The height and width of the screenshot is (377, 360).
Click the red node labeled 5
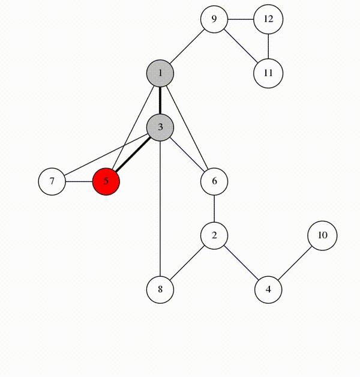pyautogui.click(x=106, y=181)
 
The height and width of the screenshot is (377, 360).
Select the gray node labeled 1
pyautogui.click(x=160, y=73)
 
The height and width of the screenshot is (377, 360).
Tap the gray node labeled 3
pyautogui.click(x=160, y=127)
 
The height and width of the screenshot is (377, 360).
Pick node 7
pyautogui.click(x=52, y=181)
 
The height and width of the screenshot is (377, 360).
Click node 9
pyautogui.click(x=214, y=19)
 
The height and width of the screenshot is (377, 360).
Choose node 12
pyautogui.click(x=268, y=19)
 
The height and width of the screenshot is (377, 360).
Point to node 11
pyautogui.click(x=268, y=73)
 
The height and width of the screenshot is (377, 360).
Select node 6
pyautogui.click(x=214, y=181)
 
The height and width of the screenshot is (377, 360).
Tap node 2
pyautogui.click(x=214, y=235)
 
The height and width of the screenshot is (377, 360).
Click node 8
pyautogui.click(x=160, y=289)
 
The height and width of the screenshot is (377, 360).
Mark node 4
pyautogui.click(x=268, y=289)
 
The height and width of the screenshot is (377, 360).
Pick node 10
pyautogui.click(x=322, y=235)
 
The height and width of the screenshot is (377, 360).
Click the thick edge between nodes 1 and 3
pyautogui.click(x=160, y=100)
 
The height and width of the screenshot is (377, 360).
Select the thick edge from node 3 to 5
pyautogui.click(x=133, y=154)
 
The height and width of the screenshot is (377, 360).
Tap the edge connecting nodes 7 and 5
pyautogui.click(x=79, y=181)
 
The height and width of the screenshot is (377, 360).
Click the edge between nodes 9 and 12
pyautogui.click(x=241, y=19)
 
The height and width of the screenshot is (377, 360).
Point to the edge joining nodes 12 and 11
pyautogui.click(x=268, y=46)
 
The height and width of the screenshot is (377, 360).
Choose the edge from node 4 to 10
pyautogui.click(x=295, y=262)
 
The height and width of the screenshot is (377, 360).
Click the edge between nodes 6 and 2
pyautogui.click(x=214, y=208)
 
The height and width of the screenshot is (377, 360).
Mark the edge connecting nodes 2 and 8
pyautogui.click(x=187, y=262)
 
